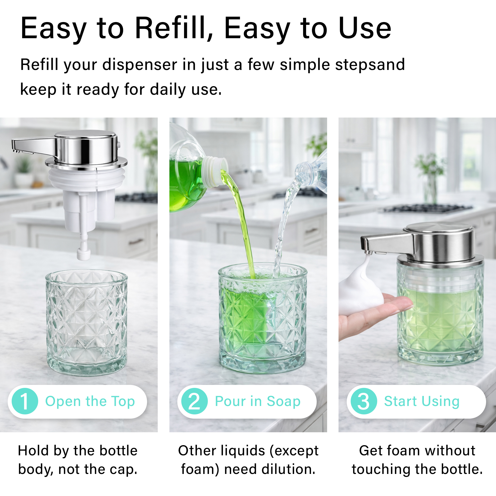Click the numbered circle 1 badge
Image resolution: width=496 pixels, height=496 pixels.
25,401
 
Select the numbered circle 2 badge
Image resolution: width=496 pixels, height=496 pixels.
194,401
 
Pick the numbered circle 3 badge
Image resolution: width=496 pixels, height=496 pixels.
364,401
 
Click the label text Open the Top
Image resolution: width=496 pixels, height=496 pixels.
90,401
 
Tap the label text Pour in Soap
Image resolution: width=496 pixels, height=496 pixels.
257,401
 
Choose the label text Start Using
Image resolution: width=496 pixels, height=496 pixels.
422,401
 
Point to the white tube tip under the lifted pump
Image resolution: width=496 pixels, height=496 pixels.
84,254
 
